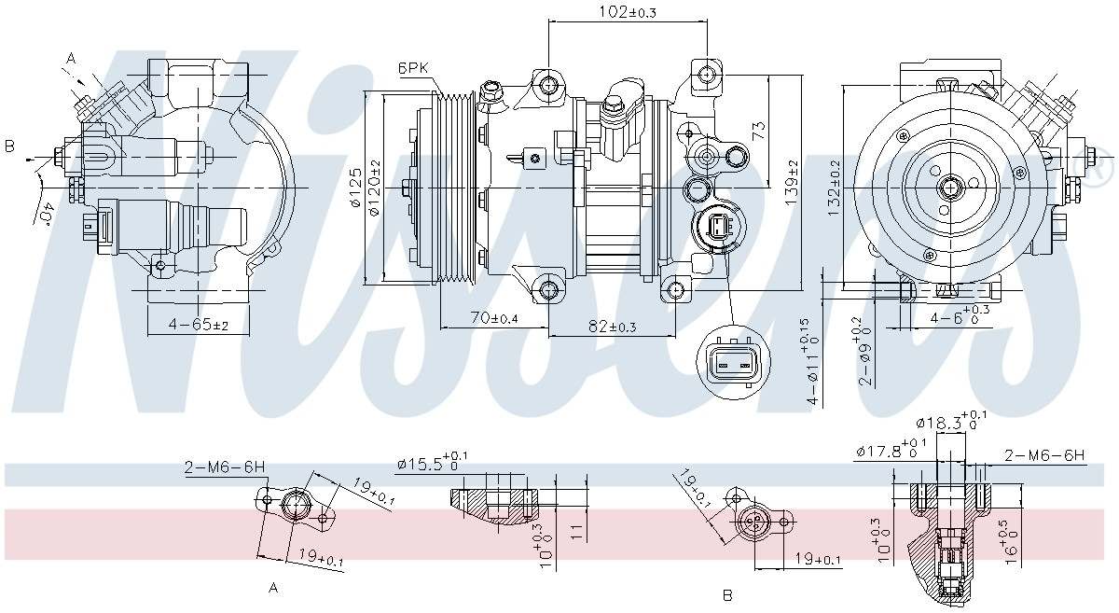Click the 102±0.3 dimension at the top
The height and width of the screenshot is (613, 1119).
tap(627, 12)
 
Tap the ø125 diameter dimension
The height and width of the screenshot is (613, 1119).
tap(355, 190)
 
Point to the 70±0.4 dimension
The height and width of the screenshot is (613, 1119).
tap(494, 318)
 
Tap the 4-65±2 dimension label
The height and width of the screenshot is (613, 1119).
tap(198, 325)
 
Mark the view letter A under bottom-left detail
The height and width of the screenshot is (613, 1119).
tap(273, 588)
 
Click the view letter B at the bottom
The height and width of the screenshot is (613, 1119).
tap(727, 594)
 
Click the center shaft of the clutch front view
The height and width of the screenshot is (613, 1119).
tap(950, 188)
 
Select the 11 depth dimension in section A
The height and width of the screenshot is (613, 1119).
tap(577, 532)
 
